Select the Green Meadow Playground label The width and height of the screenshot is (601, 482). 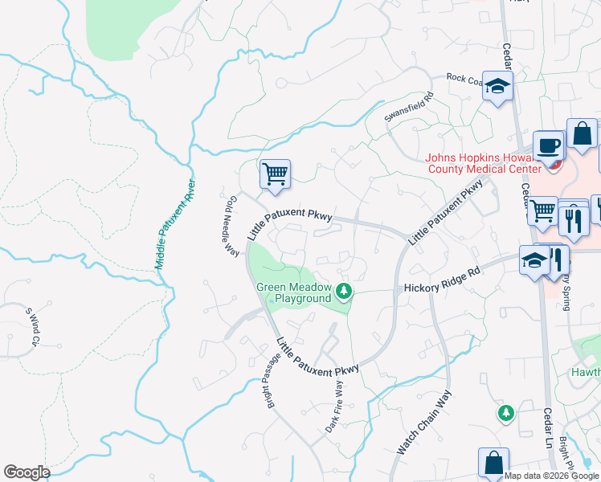[293, 292]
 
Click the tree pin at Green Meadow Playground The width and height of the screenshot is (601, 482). [344, 290]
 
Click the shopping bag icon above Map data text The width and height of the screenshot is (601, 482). [493, 462]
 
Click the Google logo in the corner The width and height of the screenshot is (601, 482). [27, 472]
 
